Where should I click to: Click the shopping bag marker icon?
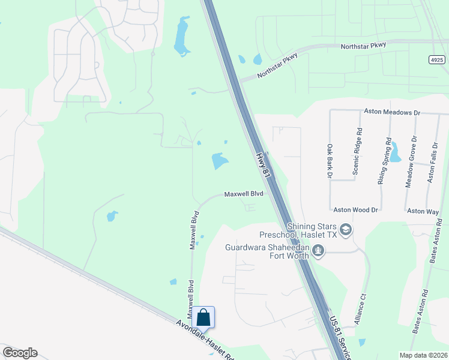click(203, 317)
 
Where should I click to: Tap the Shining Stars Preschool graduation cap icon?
click(345, 229)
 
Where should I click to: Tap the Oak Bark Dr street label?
click(330, 161)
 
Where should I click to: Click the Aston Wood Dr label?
click(356, 210)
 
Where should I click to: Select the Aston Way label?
click(423, 211)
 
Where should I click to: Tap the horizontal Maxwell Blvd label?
click(244, 194)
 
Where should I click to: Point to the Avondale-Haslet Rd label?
click(204, 340)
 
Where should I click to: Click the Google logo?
click(20, 353)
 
